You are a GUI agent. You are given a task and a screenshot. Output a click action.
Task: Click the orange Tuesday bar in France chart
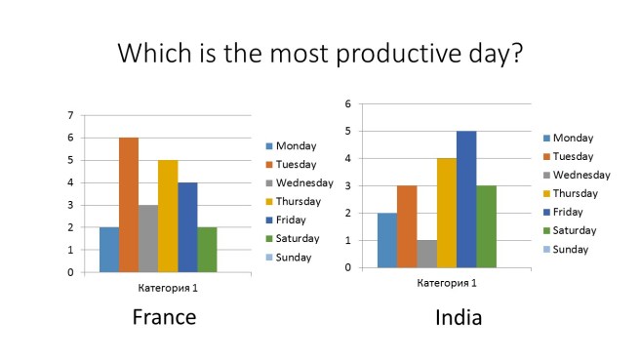(x=129, y=205)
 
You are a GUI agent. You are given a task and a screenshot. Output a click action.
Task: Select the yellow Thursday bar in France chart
(x=168, y=216)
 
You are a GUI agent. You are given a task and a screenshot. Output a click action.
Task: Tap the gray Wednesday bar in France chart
(x=148, y=238)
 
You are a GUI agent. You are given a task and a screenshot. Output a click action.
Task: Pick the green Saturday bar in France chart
(x=207, y=249)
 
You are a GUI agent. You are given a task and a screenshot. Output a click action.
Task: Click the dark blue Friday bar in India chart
(x=466, y=199)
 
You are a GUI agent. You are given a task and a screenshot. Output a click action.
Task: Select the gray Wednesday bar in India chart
(x=426, y=254)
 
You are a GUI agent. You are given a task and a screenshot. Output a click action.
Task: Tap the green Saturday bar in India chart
(x=486, y=226)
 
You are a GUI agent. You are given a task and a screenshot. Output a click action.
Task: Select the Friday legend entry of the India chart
(x=571, y=212)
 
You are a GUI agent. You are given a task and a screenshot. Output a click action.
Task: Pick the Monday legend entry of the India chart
(x=573, y=138)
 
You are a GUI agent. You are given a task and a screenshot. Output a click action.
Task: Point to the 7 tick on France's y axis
(x=69, y=115)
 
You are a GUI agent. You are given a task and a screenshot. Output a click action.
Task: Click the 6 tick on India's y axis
(x=348, y=102)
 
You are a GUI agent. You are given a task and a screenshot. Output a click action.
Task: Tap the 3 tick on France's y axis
(x=69, y=205)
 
